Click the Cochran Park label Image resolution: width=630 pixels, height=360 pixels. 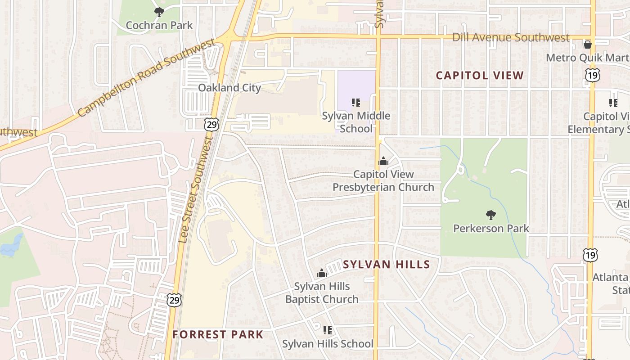click(x=159, y=25)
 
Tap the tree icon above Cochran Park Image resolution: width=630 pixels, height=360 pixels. click(x=159, y=12)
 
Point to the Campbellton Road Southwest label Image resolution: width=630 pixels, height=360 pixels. click(x=146, y=78)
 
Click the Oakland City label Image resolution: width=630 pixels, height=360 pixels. click(x=229, y=88)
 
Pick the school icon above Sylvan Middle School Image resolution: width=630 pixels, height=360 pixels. click(x=356, y=103)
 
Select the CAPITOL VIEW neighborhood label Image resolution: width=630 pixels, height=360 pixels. click(x=480, y=75)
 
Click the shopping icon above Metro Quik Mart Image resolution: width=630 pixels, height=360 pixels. click(x=587, y=44)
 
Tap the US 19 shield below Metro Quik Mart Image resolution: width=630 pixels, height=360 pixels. click(x=592, y=75)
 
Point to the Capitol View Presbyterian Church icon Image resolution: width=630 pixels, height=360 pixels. click(x=383, y=161)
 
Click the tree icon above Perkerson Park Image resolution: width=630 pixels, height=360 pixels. click(x=491, y=215)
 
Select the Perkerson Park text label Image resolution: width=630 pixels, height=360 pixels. click(x=491, y=228)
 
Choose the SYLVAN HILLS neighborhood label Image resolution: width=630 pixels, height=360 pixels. click(x=387, y=264)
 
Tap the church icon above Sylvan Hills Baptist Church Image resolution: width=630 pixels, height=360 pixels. click(x=321, y=273)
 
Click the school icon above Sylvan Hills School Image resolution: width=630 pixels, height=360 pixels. click(x=328, y=330)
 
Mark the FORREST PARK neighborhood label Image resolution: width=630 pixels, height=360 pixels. click(x=218, y=334)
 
